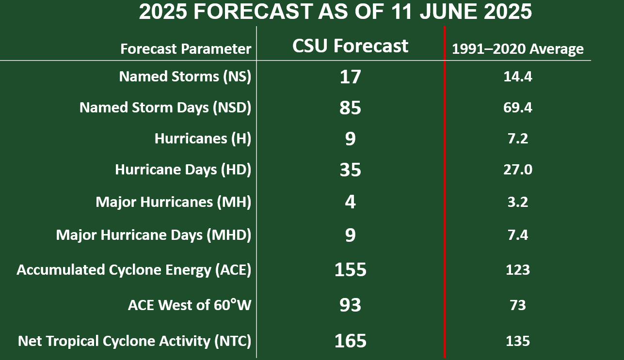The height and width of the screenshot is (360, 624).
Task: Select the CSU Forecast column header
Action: pyautogui.click(x=350, y=46)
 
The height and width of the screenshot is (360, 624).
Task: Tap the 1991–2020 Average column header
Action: pyautogui.click(x=518, y=49)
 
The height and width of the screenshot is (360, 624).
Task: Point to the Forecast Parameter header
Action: pyautogui.click(x=186, y=49)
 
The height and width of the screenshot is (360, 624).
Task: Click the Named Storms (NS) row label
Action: pyautogui.click(x=185, y=76)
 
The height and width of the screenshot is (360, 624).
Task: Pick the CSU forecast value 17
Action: pyautogui.click(x=350, y=77)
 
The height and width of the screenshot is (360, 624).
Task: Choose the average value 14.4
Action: pyautogui.click(x=518, y=77)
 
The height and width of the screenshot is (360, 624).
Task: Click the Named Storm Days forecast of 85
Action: pyautogui.click(x=350, y=108)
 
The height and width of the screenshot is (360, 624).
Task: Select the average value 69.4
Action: pyautogui.click(x=518, y=108)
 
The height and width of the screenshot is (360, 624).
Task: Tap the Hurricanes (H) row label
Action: pyautogui.click(x=203, y=139)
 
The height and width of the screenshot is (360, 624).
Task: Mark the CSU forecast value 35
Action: pyautogui.click(x=350, y=170)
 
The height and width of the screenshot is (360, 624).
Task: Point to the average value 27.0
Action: pyautogui.click(x=518, y=170)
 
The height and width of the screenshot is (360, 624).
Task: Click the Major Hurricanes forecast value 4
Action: pyautogui.click(x=350, y=202)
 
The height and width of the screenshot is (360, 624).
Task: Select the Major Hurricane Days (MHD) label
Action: pyautogui.click(x=154, y=235)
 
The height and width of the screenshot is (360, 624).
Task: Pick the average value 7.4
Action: pyautogui.click(x=518, y=235)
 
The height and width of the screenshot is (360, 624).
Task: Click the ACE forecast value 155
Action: pyautogui.click(x=350, y=269)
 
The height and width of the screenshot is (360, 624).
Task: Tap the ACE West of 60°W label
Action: pyautogui.click(x=190, y=305)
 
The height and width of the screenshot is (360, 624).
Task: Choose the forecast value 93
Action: pyautogui.click(x=350, y=305)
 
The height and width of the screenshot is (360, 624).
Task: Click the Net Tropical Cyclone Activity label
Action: pyautogui.click(x=135, y=341)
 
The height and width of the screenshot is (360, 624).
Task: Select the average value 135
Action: pyautogui.click(x=518, y=341)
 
